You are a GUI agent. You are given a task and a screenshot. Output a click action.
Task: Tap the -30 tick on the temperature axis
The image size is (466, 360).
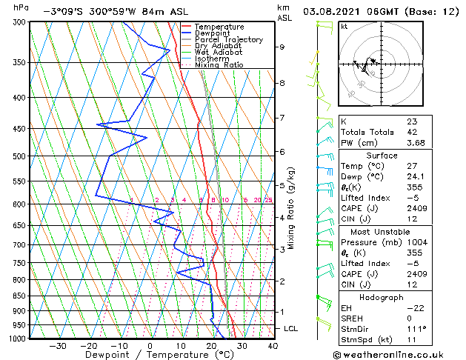58,345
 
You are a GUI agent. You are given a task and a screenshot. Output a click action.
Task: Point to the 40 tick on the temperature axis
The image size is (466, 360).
273,345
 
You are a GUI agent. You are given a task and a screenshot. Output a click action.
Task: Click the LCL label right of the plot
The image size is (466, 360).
291,328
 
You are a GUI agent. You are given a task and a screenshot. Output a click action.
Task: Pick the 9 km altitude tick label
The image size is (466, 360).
282,47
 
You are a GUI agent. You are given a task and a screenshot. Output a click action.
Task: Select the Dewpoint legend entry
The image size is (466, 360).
213,33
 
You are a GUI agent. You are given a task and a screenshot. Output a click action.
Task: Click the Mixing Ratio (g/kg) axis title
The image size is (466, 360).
291,207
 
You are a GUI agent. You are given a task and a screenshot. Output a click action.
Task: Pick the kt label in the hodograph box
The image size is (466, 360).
344,26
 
